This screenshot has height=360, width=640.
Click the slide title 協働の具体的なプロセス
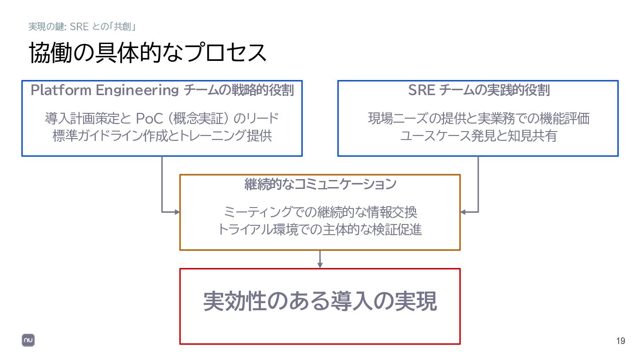coord(148,53)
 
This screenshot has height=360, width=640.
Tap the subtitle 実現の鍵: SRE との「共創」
coord(82,27)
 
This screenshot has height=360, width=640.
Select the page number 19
coord(620,341)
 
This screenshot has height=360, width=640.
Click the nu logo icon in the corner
coord(28,340)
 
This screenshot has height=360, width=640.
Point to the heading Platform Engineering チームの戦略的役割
coord(162,90)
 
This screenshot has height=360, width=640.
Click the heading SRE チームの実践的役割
coord(479,90)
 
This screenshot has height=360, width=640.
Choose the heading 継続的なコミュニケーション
coord(320,184)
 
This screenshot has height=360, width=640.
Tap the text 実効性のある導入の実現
coord(320,302)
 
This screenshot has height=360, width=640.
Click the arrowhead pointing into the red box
coord(320,265)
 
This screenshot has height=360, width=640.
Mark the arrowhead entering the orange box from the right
coord(463,212)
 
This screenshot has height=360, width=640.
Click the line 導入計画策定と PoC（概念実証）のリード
coord(162,119)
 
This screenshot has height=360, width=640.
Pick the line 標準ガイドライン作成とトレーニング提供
coord(162,136)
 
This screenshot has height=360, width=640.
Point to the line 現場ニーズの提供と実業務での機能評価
coord(479,119)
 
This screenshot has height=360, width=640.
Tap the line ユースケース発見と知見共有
coord(479,136)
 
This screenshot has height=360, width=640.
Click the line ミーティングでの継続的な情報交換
coord(320,212)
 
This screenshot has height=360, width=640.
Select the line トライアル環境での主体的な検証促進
coord(320,229)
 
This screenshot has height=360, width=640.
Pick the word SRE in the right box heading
coord(421,90)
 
